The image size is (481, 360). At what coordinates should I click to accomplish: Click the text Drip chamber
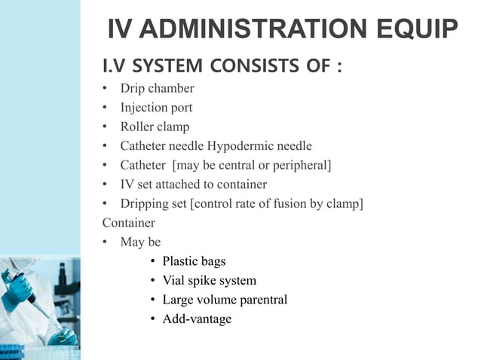(x=157, y=89)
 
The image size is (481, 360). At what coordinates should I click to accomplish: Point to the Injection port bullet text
(x=156, y=108)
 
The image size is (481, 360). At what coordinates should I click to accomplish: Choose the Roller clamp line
(x=155, y=127)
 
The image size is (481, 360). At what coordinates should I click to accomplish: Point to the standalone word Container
(x=128, y=223)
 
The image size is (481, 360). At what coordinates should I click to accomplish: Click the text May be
(x=140, y=243)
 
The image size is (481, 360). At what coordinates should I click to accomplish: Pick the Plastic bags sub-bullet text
(x=194, y=261)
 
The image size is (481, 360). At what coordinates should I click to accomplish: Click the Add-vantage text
(x=197, y=319)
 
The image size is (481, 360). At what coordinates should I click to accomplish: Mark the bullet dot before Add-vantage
(x=153, y=319)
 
